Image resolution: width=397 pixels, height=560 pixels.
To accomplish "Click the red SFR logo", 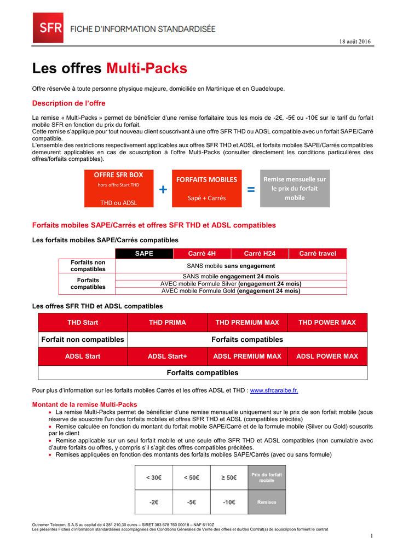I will (48, 28).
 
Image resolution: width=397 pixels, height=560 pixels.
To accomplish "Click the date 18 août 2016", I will (355, 43).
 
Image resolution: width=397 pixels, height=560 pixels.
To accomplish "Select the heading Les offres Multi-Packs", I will (110, 68).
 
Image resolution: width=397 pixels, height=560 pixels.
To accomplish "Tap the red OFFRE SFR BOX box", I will (119, 189).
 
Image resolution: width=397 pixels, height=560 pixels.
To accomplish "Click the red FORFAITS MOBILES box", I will (206, 189).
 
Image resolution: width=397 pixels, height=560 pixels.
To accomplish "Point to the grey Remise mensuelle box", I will (295, 189).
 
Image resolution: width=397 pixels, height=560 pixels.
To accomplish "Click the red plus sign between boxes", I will (163, 189).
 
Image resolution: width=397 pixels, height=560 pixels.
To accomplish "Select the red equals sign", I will (251, 189).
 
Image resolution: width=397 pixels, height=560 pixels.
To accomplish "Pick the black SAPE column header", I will (144, 253).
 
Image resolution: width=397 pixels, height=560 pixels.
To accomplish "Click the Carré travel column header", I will (318, 253).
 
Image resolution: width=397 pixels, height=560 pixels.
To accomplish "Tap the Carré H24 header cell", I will (260, 253).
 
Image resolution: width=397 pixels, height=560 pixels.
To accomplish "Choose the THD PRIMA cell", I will (168, 323).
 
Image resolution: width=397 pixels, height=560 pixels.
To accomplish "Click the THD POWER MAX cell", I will (327, 323).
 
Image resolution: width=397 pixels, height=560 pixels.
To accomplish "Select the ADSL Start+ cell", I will (168, 356).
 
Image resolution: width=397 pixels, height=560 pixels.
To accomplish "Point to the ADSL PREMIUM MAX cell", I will (247, 356).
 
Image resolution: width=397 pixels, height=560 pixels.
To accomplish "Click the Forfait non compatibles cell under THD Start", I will (83, 340).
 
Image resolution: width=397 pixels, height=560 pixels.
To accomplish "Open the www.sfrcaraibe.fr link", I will (274, 390).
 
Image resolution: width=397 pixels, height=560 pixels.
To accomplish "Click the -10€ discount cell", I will (229, 501).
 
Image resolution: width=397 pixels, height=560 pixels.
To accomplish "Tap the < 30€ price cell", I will (153, 477).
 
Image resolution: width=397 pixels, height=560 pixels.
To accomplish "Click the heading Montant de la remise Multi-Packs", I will (85, 404).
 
